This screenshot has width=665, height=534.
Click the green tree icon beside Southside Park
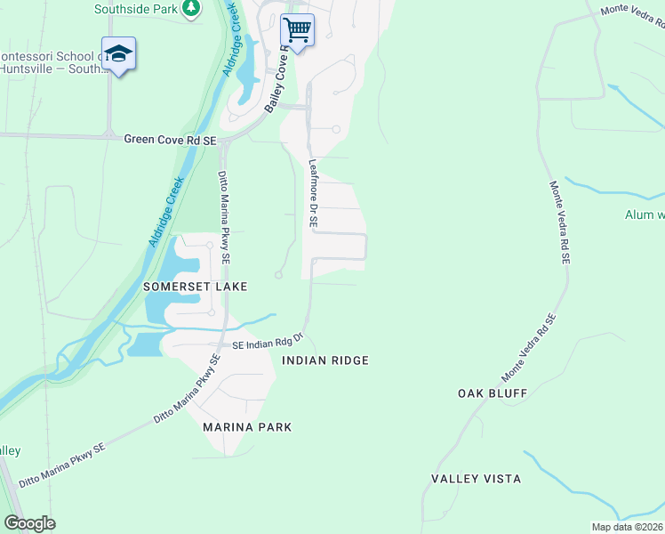(x=190, y=9)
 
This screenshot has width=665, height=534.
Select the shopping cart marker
(x=297, y=31)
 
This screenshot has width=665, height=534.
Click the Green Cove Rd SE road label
(x=170, y=140)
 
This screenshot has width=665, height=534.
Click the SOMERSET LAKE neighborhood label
(x=195, y=287)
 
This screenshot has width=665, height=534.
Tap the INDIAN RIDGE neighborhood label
(x=324, y=360)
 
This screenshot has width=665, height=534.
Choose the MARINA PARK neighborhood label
(x=247, y=427)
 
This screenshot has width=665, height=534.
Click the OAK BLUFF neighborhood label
(x=493, y=392)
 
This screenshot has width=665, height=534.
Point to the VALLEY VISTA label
(x=476, y=479)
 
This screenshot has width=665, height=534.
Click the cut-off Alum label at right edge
(x=644, y=215)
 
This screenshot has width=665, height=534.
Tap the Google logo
(x=29, y=523)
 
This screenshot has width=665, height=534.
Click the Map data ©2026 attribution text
(x=626, y=527)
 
